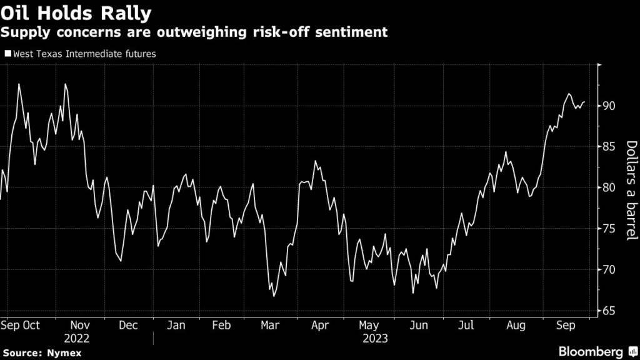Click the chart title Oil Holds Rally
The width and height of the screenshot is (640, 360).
coord(76,12)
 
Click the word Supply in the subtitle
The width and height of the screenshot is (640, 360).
coord(26,31)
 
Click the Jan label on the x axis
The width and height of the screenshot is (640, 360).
coord(176,325)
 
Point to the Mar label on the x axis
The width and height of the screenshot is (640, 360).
coord(270,325)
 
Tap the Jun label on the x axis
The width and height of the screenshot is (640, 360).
coord(419,325)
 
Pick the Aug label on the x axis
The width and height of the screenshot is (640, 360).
coord(516,325)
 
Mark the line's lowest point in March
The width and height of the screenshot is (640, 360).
coord(274,296)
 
